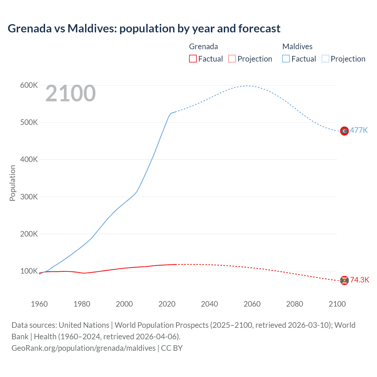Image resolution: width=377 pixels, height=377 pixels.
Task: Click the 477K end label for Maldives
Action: [359, 130]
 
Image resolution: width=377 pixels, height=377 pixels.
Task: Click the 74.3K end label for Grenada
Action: [359, 280]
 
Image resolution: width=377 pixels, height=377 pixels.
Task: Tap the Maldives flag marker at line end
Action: [344, 131]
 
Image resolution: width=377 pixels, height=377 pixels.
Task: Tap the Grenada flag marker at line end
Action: [344, 280]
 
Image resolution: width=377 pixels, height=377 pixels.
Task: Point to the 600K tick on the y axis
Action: [29, 85]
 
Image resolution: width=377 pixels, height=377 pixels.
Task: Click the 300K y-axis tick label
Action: [29, 197]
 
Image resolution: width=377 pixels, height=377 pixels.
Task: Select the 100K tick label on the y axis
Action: [29, 271]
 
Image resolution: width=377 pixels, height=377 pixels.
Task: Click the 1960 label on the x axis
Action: [39, 304]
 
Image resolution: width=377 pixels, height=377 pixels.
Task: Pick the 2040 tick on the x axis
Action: [209, 304]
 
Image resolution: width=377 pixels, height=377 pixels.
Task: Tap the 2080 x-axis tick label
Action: [295, 304]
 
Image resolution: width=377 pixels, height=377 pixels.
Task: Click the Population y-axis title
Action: [12, 183]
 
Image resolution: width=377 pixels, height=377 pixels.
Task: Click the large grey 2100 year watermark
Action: [70, 93]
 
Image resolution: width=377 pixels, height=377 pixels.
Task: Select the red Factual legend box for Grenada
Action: [193, 59]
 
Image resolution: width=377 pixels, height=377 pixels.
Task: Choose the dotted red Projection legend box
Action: [232, 59]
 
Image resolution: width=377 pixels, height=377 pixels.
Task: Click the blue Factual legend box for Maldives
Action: [286, 59]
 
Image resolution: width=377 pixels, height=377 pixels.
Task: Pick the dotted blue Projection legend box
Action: [325, 59]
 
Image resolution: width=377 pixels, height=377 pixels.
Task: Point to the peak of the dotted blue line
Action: [247, 86]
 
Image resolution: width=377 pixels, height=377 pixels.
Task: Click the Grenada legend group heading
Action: [203, 47]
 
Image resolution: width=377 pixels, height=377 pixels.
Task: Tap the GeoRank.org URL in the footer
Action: [83, 348]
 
